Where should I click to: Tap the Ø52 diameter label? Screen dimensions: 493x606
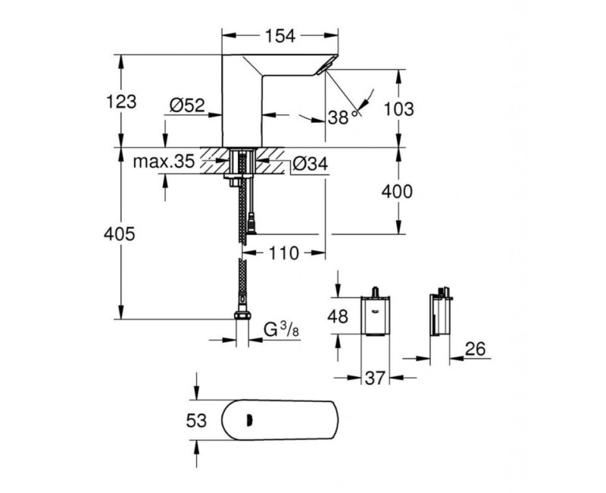(x=187, y=107)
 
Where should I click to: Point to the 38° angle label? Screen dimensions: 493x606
(x=342, y=117)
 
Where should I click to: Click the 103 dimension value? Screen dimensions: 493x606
(x=400, y=108)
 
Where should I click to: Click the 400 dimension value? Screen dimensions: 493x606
(x=397, y=192)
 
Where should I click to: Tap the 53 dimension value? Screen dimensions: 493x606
(x=196, y=420)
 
